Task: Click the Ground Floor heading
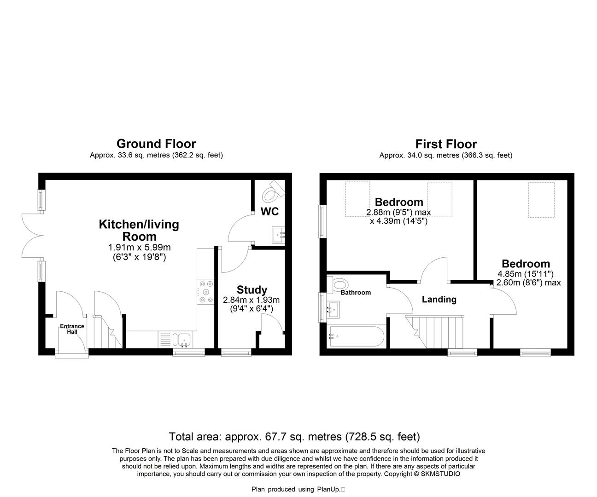[156, 144]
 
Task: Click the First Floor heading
[446, 144]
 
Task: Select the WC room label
[269, 212]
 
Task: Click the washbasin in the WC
[279, 234]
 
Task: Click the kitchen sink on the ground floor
[185, 340]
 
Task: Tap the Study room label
[252, 290]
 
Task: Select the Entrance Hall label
[72, 329]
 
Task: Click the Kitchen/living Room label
[139, 230]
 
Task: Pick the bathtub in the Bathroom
[354, 337]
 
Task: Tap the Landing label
[439, 300]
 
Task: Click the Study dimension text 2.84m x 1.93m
[251, 300]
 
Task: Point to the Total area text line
[294, 436]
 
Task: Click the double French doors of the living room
[32, 236]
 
